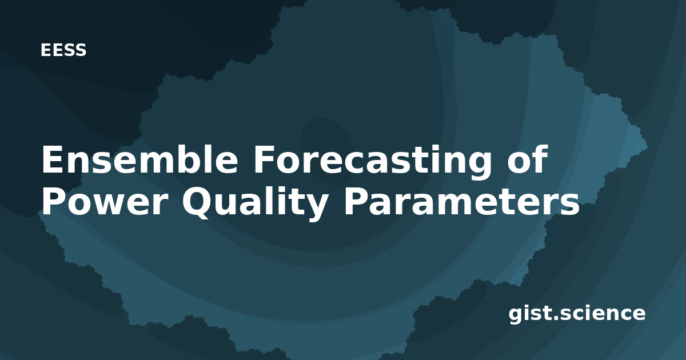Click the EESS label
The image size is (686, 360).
click(x=63, y=50)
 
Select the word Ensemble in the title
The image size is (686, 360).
click(x=139, y=159)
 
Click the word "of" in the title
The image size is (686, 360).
click(x=527, y=159)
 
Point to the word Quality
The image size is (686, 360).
click(x=255, y=203)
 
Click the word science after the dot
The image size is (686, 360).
click(x=603, y=314)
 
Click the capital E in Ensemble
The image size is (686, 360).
click(x=52, y=159)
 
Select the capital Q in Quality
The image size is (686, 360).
click(x=197, y=203)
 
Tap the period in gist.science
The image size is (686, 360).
click(x=556, y=318)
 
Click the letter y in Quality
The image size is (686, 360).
click(x=315, y=208)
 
